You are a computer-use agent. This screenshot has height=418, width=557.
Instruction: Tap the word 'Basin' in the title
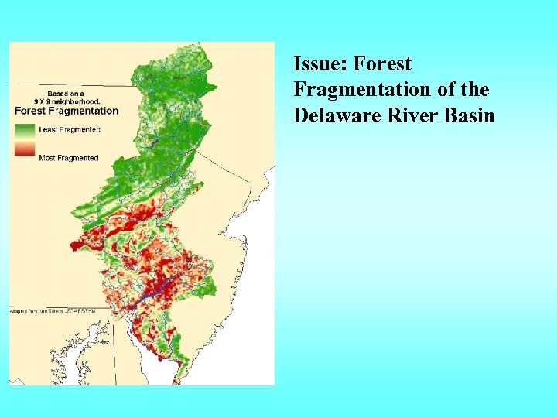467,115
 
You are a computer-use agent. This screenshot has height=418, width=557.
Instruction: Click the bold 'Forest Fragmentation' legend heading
67,110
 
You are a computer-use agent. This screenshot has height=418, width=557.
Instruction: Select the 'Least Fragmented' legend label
69,129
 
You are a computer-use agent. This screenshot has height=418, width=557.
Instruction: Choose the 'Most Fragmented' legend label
68,158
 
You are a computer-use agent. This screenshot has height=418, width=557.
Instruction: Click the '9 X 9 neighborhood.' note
68,101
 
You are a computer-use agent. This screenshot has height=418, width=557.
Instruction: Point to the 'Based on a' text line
67,92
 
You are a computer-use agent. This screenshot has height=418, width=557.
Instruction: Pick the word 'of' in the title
446,90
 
